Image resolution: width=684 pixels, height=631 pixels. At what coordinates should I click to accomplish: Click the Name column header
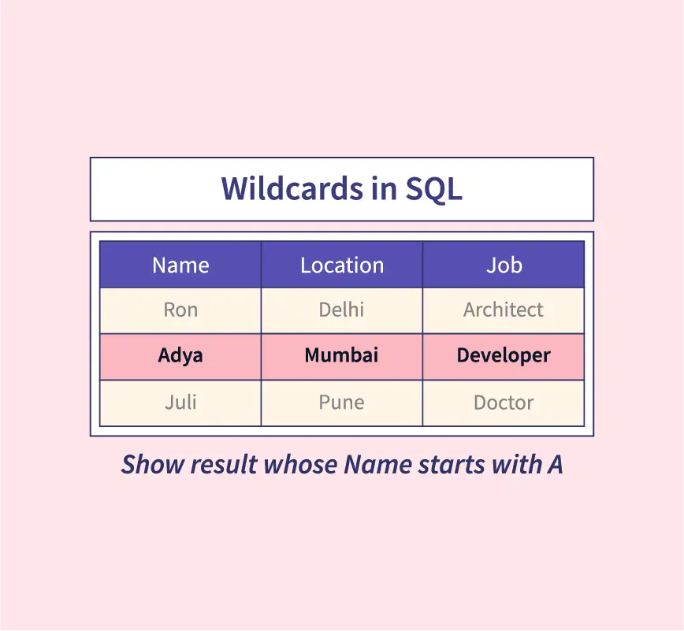tap(180, 265)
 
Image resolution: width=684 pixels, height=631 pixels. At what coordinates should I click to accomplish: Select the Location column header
tap(342, 265)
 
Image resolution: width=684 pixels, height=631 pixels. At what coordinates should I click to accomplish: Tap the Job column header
tap(504, 265)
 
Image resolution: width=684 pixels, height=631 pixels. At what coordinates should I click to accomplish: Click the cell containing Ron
tap(180, 310)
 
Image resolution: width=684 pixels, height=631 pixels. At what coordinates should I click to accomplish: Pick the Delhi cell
tap(342, 310)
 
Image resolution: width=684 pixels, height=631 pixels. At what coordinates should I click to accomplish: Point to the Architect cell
tap(504, 310)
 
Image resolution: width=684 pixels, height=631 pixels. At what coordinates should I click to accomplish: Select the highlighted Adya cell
tap(180, 357)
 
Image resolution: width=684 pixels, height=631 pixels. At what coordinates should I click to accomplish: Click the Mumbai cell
tap(342, 357)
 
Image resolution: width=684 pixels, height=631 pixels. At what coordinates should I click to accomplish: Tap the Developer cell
tap(504, 357)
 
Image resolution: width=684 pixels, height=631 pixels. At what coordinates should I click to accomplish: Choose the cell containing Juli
tap(180, 403)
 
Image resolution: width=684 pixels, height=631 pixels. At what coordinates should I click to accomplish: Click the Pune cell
tap(342, 403)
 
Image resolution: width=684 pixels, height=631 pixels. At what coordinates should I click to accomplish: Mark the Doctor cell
tap(504, 403)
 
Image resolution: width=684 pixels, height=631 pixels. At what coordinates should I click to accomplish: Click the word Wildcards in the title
tap(292, 188)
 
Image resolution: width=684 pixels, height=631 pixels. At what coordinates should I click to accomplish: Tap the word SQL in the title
tap(433, 189)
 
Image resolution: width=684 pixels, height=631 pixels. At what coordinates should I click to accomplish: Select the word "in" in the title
tap(385, 189)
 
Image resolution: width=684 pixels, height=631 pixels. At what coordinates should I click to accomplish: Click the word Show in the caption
tap(153, 464)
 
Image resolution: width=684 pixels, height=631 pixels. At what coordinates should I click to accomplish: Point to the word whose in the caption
tap(300, 464)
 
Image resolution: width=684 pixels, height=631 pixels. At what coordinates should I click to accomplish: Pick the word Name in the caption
tap(377, 464)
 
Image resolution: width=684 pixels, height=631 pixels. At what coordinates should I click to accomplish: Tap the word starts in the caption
tap(451, 465)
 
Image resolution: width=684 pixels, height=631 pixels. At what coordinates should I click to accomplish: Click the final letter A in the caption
tap(555, 464)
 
